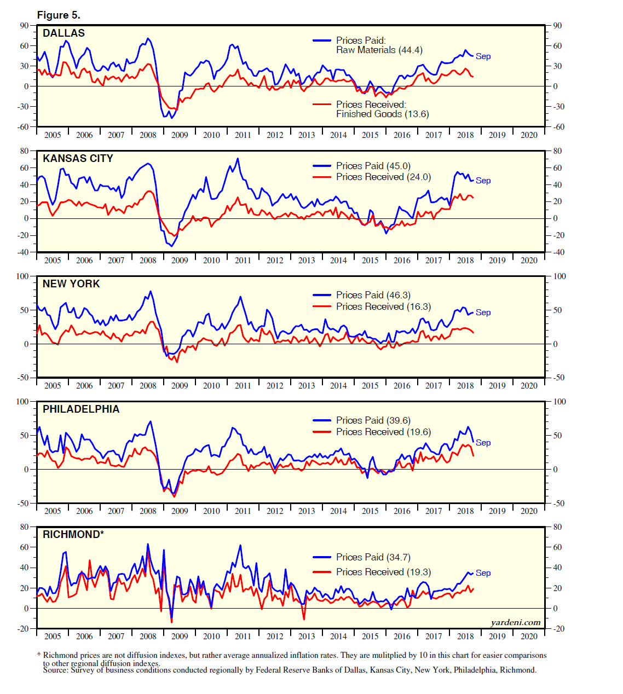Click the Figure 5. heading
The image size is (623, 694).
(58, 15)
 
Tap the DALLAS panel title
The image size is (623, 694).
(64, 33)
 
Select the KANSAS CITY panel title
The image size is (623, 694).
(78, 159)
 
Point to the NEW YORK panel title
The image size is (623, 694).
(71, 284)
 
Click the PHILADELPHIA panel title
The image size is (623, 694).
(81, 409)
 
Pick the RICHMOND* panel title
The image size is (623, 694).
(73, 535)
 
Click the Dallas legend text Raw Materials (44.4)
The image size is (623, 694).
(379, 50)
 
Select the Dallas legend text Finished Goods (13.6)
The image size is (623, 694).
(382, 114)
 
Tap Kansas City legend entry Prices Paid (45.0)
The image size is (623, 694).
(373, 166)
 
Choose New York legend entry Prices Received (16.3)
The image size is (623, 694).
(383, 306)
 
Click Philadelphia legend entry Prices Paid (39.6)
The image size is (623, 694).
(373, 420)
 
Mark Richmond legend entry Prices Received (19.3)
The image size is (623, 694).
(383, 572)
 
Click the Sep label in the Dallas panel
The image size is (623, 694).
(483, 56)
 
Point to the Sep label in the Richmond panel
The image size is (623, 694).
(483, 573)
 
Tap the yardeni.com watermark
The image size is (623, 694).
(515, 622)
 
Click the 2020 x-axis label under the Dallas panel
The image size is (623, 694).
(529, 135)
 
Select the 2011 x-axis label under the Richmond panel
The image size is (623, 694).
(243, 637)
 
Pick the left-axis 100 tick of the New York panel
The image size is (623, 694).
(22, 276)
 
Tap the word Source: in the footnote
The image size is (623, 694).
(56, 670)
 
